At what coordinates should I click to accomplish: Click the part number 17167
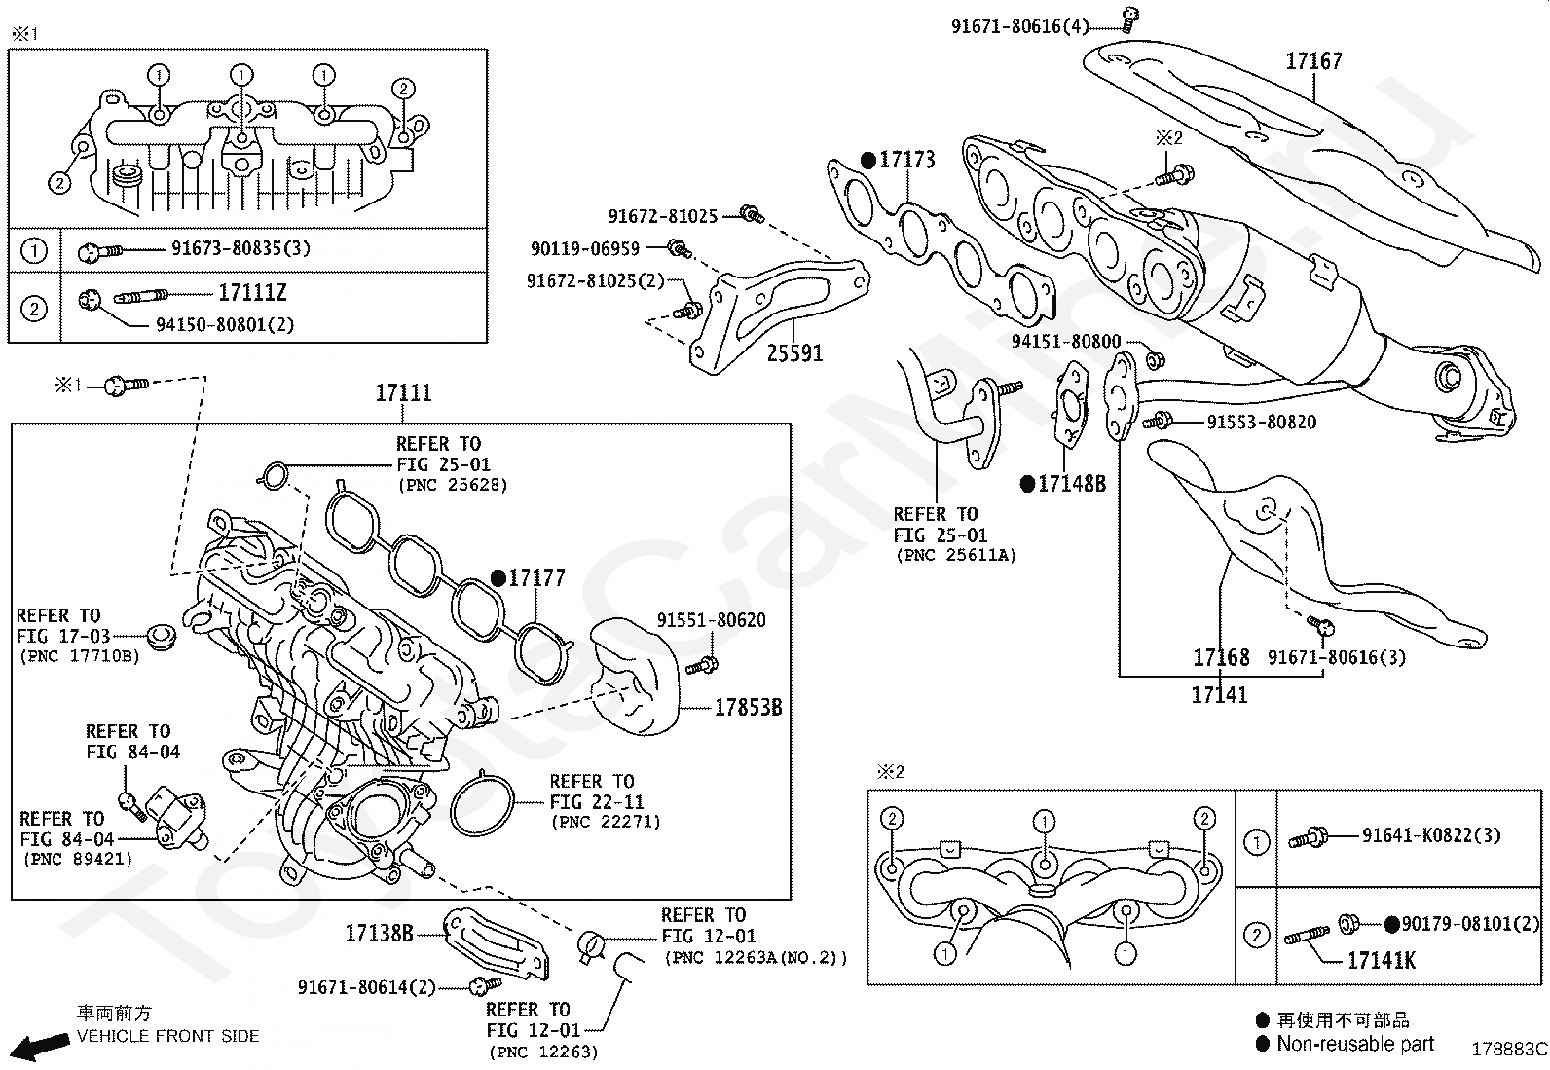tap(1312, 61)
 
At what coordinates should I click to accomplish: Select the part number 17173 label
tap(906, 160)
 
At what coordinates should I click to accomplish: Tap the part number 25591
tap(794, 352)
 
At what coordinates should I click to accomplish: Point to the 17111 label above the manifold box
tap(403, 393)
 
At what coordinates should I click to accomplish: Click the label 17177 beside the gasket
tap(535, 578)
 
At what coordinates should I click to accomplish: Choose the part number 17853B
tap(748, 708)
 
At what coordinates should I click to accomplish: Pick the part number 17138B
tap(379, 934)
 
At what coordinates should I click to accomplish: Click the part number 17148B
tap(1071, 484)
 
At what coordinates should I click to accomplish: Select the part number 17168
tap(1221, 658)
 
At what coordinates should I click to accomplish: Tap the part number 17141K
tap(1381, 961)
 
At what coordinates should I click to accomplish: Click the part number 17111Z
tap(252, 293)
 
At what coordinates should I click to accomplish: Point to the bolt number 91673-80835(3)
tap(240, 248)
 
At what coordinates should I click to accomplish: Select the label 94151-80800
tap(1066, 342)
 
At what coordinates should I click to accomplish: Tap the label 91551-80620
tap(711, 620)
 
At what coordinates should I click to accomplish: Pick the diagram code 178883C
tap(1508, 1049)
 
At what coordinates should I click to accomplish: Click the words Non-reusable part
tap(1355, 1044)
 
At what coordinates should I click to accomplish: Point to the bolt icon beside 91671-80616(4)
tap(1129, 15)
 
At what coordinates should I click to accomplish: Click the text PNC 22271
tap(606, 822)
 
